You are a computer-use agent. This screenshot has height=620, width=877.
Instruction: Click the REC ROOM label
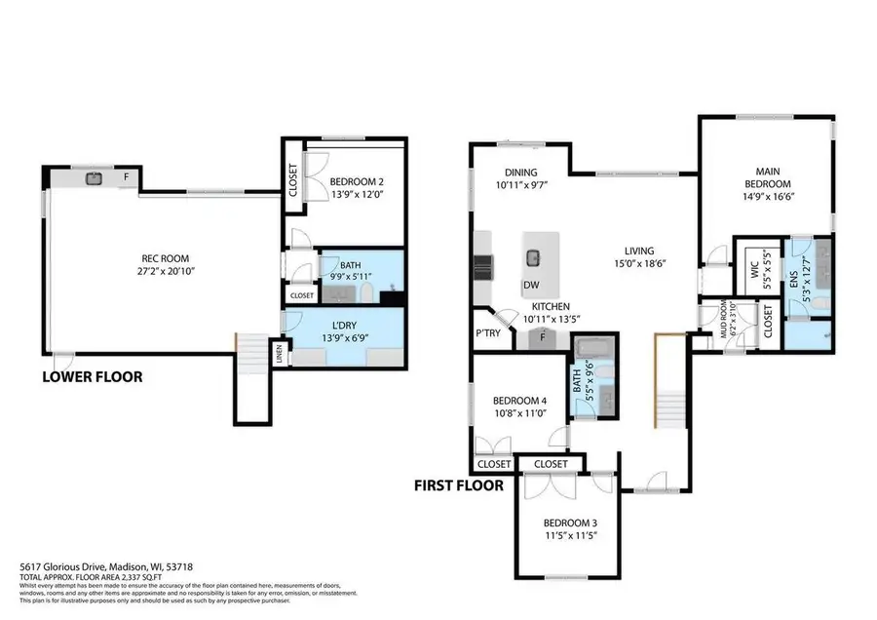coord(164,258)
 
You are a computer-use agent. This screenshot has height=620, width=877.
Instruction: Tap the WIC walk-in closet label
coord(754,278)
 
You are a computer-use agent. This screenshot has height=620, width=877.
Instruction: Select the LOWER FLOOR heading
coord(92,375)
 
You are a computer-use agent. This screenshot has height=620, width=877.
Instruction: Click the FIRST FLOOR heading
coord(459,484)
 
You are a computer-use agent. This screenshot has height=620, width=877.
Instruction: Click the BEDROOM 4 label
coord(519,400)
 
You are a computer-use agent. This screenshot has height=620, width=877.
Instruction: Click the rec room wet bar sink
coord(95,178)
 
